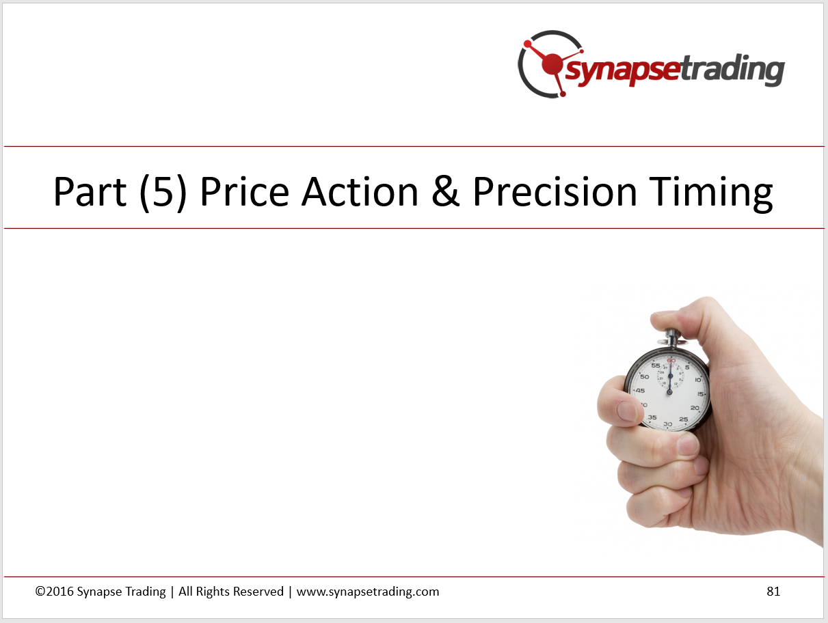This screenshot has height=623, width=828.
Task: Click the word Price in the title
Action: click(245, 191)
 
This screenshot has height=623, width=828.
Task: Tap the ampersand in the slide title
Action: click(446, 191)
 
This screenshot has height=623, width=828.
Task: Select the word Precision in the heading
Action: click(555, 191)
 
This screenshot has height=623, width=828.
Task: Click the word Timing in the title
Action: click(710, 194)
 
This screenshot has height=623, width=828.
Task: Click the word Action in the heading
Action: click(360, 191)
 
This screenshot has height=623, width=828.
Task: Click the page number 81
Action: click(773, 591)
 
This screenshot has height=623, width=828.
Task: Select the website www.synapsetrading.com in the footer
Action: click(368, 592)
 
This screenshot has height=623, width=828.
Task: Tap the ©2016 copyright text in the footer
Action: click(54, 591)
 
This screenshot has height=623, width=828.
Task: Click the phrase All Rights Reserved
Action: click(231, 592)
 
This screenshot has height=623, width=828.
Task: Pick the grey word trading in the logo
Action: click(732, 70)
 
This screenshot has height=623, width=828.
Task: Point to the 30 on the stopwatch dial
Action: click(668, 424)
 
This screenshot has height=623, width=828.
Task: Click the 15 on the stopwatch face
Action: click(700, 394)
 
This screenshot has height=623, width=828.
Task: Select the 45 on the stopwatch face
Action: click(640, 391)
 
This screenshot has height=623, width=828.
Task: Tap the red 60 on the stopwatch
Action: click(671, 361)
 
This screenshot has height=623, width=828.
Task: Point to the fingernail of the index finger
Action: click(628, 411)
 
